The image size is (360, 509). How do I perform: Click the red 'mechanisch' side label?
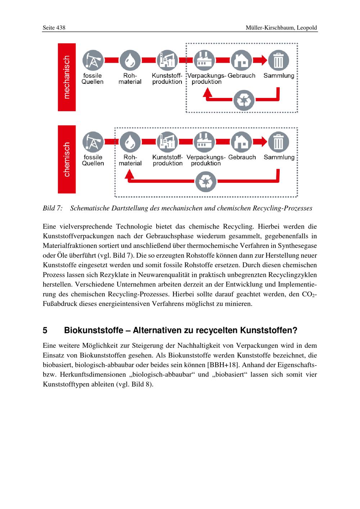67,77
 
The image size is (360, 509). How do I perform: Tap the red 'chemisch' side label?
67,159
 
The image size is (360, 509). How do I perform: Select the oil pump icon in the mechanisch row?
93,60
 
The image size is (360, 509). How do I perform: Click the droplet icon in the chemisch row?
130,143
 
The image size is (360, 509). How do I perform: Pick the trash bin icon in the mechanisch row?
279,60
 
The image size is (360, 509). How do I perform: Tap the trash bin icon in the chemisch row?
279,143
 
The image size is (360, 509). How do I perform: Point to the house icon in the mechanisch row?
241,60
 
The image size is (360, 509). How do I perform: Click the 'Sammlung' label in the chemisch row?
279,157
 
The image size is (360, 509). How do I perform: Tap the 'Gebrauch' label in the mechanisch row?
241,76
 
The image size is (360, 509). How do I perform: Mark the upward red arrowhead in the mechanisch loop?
207,92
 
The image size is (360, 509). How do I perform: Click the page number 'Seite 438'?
54,28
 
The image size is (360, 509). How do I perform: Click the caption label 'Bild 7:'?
53,208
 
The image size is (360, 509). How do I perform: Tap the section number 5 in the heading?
45,330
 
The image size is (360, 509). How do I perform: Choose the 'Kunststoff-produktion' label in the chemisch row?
167,160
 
